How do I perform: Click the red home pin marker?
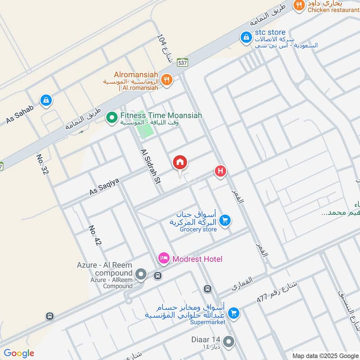click(x=180, y=163)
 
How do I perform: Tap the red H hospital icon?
click(x=220, y=171)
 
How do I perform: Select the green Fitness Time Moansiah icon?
click(x=112, y=118)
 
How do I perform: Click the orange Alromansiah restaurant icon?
click(x=166, y=80)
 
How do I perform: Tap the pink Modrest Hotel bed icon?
click(x=163, y=258)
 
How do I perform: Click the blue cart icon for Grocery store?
click(x=225, y=220)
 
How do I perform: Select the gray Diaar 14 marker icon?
click(x=229, y=342)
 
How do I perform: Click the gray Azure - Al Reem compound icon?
click(x=141, y=274)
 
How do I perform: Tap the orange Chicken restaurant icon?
click(x=297, y=6)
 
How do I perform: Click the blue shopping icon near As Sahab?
click(x=45, y=101)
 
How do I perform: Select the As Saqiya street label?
click(x=104, y=186)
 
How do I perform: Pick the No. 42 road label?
click(x=95, y=235)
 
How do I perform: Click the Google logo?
click(x=18, y=353)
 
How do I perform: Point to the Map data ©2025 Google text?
click(x=325, y=355)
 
